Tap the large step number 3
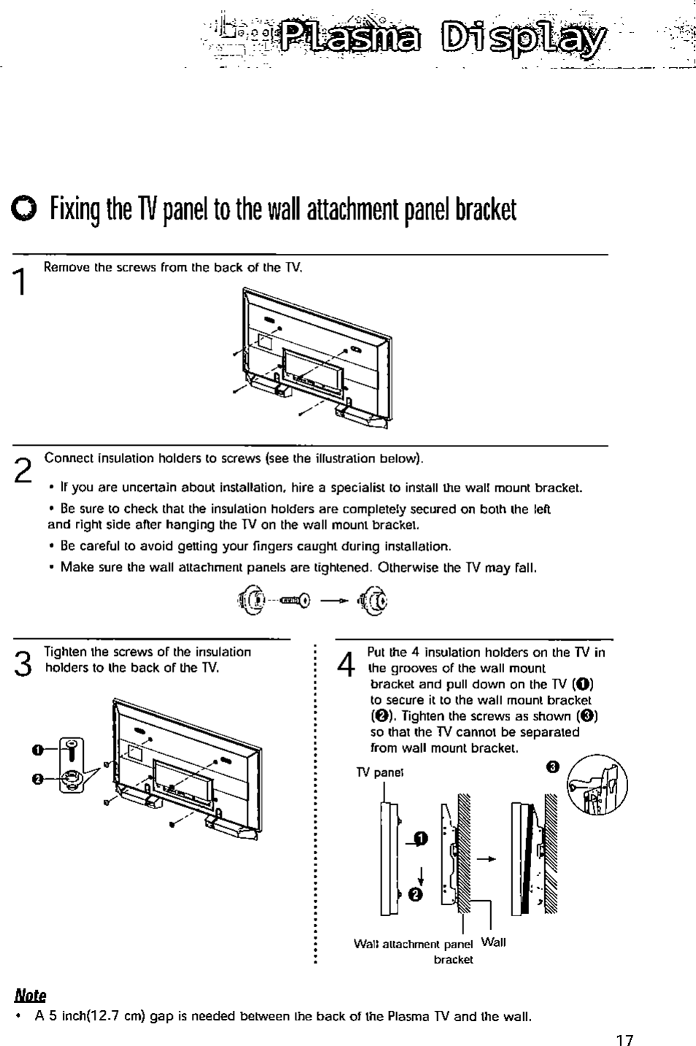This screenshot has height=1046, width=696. (x=23, y=663)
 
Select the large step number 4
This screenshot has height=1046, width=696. (x=347, y=664)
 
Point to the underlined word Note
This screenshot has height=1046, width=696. (x=30, y=996)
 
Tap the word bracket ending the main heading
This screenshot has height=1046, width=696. (x=485, y=210)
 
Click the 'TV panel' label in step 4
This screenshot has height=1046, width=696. (x=379, y=772)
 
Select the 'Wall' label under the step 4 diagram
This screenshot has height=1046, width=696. (x=494, y=942)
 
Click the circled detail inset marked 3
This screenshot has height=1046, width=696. (x=597, y=785)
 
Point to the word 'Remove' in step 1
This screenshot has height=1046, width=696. (x=63, y=267)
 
